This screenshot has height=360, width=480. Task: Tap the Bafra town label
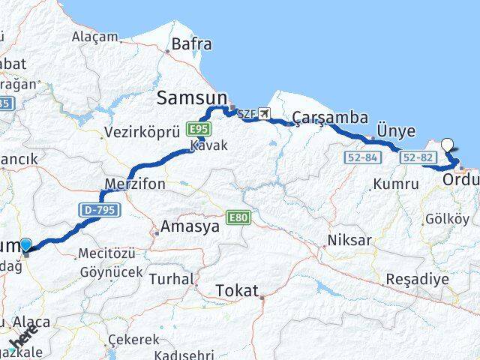pos(191,44)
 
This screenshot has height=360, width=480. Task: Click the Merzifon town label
pos(136,184)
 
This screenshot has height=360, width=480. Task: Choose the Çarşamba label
pos(330,117)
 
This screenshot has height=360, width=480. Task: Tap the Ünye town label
pos(395,131)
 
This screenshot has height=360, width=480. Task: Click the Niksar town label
pos(349,241)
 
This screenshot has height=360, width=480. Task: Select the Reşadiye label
pos(416,278)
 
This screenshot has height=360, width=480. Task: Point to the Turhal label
pos(171,278)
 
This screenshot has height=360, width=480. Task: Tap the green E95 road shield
pos(196,128)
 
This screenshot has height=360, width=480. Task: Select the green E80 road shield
pos(239,217)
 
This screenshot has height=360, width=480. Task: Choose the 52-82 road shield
pos(415,157)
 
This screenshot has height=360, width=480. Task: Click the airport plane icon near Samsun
pos(262,114)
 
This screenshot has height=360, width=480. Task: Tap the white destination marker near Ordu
pos(448,145)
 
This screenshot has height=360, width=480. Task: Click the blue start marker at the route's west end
pos(26,244)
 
